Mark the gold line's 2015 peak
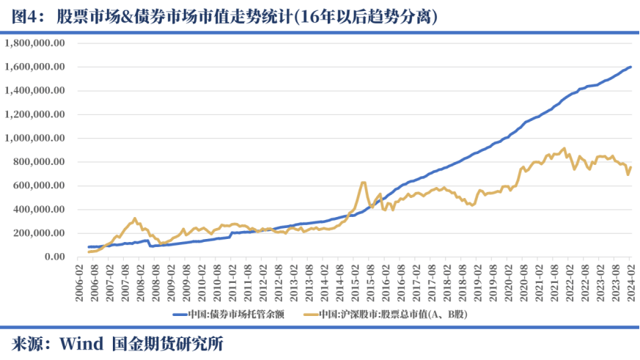tap(364, 182)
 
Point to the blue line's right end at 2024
tap(630, 67)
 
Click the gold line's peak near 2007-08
tap(134, 218)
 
